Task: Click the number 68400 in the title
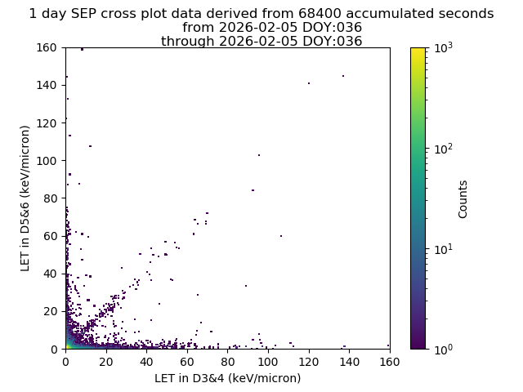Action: click(x=320, y=14)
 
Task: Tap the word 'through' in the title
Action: click(x=188, y=42)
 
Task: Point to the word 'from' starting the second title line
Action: click(x=199, y=27)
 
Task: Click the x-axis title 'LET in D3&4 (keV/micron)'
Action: click(x=228, y=378)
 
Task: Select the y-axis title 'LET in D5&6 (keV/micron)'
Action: click(x=25, y=198)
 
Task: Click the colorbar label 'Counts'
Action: click(x=463, y=199)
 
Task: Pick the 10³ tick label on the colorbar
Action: click(x=444, y=47)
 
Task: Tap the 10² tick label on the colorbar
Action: click(x=444, y=149)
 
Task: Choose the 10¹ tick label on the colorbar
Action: click(x=444, y=249)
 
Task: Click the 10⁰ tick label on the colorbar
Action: click(x=444, y=349)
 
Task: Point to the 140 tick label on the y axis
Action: click(x=47, y=85)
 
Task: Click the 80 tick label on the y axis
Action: click(x=50, y=198)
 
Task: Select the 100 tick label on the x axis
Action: click(x=268, y=362)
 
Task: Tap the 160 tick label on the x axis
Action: click(x=390, y=362)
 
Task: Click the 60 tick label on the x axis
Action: click(x=187, y=362)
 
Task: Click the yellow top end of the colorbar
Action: click(x=418, y=49)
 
